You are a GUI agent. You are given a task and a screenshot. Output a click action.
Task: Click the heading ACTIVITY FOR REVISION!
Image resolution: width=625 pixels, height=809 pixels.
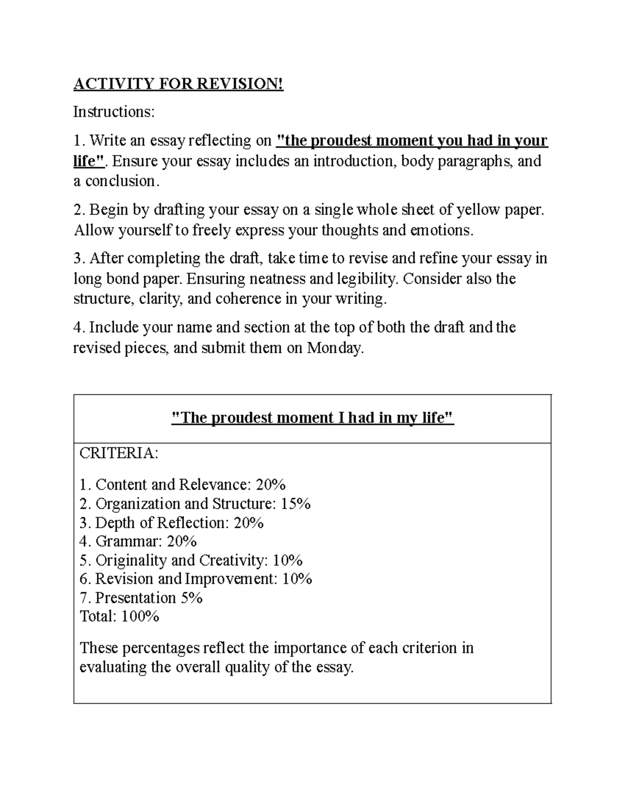(x=178, y=84)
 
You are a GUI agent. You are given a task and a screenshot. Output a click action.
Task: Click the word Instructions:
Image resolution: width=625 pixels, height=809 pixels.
(x=114, y=111)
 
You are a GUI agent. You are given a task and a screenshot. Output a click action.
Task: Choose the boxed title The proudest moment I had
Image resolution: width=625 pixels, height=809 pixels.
(x=312, y=418)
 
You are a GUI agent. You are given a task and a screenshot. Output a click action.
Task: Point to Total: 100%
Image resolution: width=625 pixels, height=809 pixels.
(x=119, y=616)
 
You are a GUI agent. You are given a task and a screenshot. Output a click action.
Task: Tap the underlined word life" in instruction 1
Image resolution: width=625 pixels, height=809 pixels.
(x=89, y=161)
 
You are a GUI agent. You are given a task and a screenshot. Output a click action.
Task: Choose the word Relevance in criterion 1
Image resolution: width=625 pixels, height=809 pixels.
(x=214, y=485)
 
